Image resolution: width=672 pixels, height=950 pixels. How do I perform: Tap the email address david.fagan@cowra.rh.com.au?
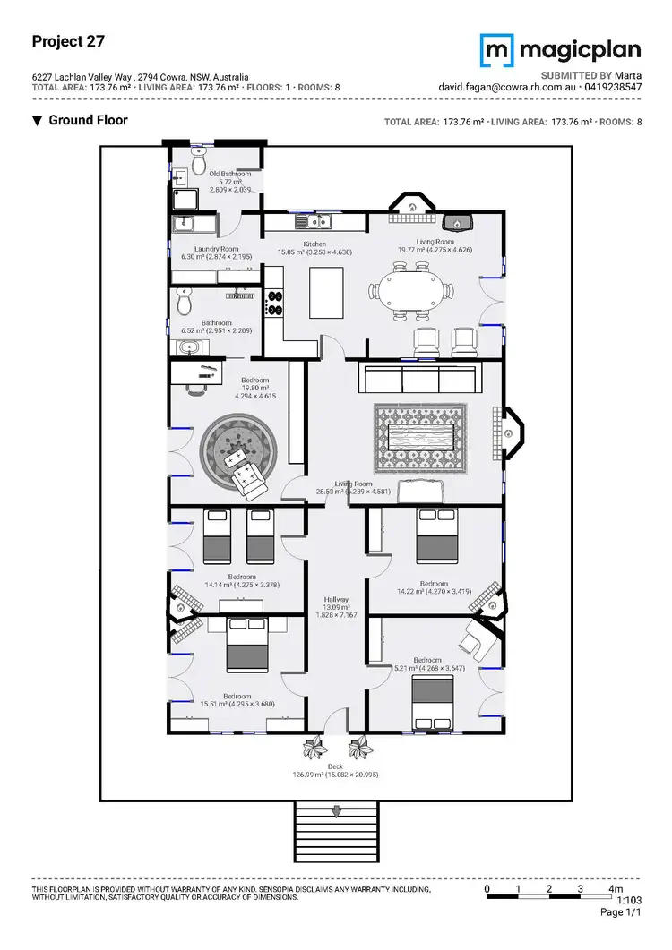tap(507, 88)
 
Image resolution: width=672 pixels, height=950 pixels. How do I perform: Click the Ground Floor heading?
tap(88, 120)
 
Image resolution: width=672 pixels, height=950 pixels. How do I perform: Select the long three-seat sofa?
tap(421, 378)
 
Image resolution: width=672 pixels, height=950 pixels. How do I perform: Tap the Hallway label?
tap(337, 600)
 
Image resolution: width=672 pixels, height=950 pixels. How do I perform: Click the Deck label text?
tap(335, 766)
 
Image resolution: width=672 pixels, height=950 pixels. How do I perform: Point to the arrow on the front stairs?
tap(336, 812)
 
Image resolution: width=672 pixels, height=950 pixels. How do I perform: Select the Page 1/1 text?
tap(621, 912)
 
